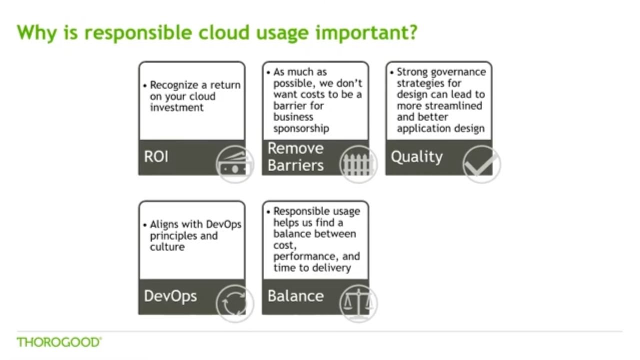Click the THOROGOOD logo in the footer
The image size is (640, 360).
[59, 342]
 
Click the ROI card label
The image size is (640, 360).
[156, 157]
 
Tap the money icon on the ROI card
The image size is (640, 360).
[234, 164]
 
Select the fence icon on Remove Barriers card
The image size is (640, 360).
[358, 164]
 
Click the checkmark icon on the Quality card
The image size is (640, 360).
[481, 164]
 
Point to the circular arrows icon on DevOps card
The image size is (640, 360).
[234, 303]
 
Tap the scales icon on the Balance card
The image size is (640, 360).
[358, 303]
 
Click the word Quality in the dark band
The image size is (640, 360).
[416, 157]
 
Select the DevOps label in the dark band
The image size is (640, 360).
[170, 296]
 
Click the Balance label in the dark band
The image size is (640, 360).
[295, 296]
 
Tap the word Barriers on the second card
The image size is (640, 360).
[295, 165]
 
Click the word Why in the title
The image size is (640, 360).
[34, 33]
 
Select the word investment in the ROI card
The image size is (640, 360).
[177, 108]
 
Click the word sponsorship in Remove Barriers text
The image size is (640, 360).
[301, 128]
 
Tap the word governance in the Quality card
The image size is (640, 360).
[458, 72]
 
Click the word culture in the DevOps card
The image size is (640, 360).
[167, 247]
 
